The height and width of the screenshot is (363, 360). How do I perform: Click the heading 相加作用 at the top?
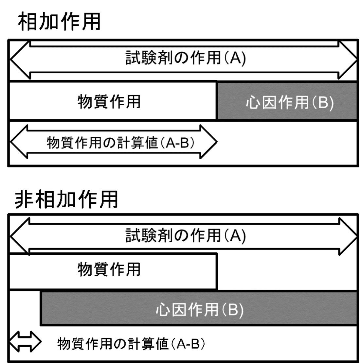coord(59,22)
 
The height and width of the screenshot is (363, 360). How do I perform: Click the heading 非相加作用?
coord(66,199)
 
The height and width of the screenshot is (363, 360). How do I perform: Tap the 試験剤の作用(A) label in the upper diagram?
coord(186,58)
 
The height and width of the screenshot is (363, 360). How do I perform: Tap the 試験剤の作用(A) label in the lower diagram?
coord(186,235)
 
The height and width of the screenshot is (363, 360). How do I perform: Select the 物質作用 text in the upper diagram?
coord(109,102)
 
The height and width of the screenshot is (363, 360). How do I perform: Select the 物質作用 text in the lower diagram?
coord(109,269)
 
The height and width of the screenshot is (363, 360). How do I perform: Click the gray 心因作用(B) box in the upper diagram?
coord(287,101)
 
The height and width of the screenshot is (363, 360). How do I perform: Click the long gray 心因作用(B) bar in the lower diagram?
coord(199,309)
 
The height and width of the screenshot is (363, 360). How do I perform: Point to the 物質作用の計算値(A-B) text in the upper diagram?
coord(121,143)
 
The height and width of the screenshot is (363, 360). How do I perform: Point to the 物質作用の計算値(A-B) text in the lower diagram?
coord(131,344)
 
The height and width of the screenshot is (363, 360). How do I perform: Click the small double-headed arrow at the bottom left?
coord(25,342)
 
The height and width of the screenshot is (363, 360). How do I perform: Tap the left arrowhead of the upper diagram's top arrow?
coord(20,60)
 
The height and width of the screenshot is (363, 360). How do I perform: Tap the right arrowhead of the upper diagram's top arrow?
coord(348,60)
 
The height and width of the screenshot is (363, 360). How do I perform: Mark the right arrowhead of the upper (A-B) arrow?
coord(208,142)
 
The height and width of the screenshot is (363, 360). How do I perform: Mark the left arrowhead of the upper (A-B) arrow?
coord(19,142)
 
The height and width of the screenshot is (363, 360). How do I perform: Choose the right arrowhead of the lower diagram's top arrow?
coord(348,236)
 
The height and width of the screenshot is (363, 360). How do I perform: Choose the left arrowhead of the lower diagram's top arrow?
coord(20,236)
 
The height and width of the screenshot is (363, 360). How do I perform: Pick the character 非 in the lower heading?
coord(24,199)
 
